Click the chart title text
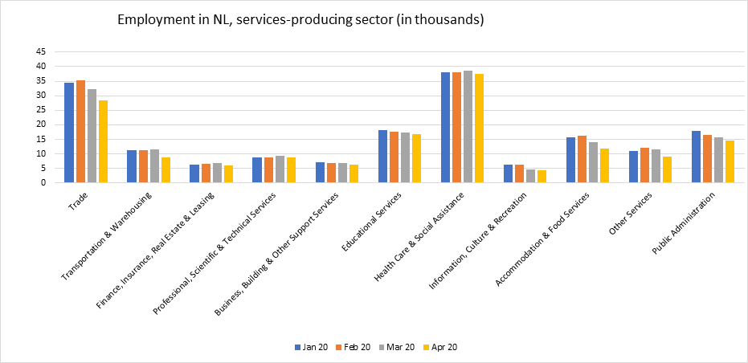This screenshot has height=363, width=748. (x=300, y=20)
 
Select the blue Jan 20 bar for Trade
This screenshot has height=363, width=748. (x=69, y=133)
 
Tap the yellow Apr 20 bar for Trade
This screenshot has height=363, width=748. (x=103, y=141)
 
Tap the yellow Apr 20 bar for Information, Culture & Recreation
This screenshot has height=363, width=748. (x=542, y=176)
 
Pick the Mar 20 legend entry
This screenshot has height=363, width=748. (x=399, y=347)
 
